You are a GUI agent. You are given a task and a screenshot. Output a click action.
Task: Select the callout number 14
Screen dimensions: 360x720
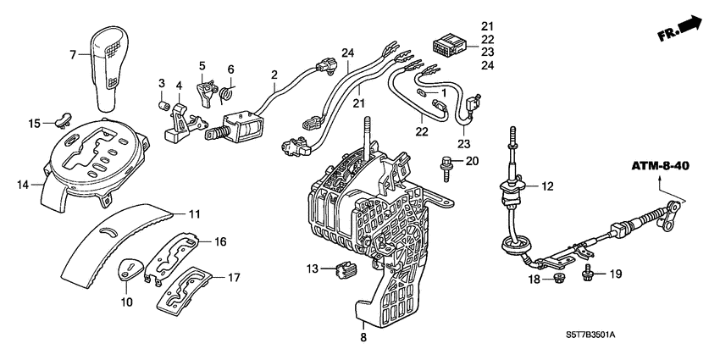pyautogui.click(x=23, y=182)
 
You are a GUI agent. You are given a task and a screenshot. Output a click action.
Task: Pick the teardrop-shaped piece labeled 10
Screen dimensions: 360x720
pyautogui.click(x=130, y=269)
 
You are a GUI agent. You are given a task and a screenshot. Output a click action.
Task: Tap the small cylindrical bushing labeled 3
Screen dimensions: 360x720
pyautogui.click(x=162, y=106)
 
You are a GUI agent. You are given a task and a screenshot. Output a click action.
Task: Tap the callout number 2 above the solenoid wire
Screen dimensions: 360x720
pyautogui.click(x=274, y=75)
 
